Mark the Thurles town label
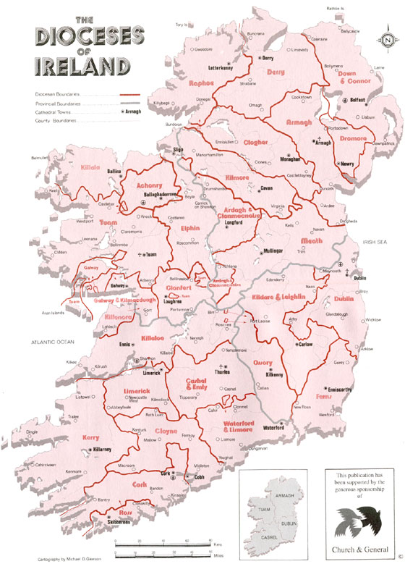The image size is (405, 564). [231, 374]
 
